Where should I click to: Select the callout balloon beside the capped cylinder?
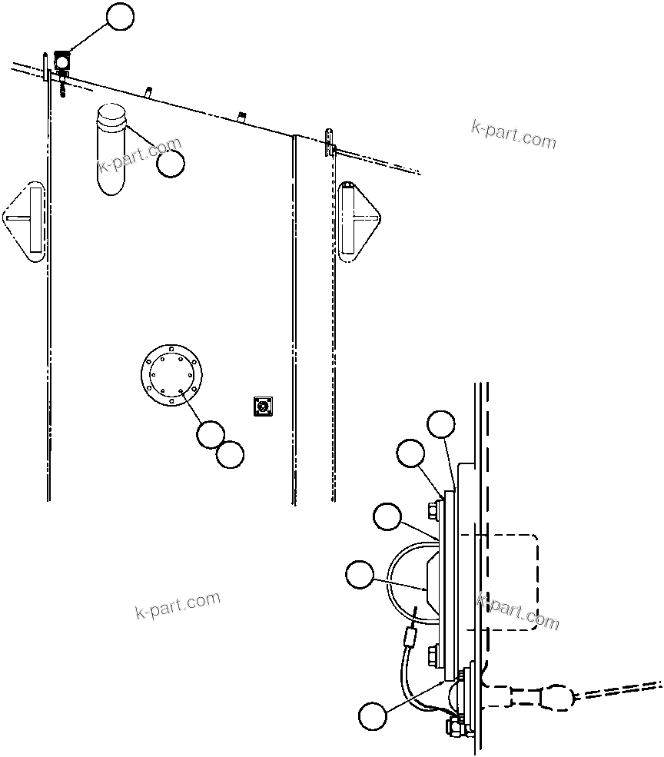coord(171,163)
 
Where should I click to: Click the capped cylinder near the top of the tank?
coord(111,149)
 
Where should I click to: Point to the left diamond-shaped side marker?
coord(26,221)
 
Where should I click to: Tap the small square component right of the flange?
coord(264,406)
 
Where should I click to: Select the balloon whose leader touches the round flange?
coord(210,434)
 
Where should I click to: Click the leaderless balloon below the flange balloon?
coord(230,454)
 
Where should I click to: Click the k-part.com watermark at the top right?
coord(513,134)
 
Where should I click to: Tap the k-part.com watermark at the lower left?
coord(178,606)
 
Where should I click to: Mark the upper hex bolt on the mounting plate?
coord(433,508)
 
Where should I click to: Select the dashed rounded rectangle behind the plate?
coord(507,582)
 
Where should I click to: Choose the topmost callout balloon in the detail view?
coord(441,425)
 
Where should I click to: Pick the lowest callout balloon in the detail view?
coord(373,716)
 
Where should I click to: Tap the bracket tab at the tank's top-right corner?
coord(330,143)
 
